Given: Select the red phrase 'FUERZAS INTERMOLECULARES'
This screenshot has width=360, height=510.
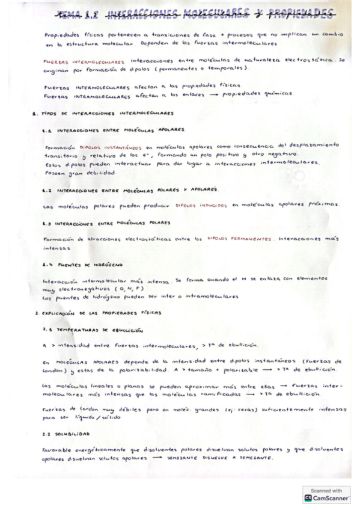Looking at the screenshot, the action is [x=84, y=61].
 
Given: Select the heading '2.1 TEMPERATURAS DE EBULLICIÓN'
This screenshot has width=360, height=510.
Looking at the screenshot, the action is [x=93, y=330].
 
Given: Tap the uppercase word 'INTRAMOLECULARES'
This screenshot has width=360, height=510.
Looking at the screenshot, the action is [x=102, y=94].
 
